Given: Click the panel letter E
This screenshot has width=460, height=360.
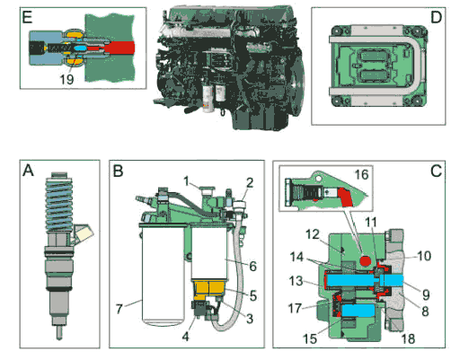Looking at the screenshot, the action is coord(27,17).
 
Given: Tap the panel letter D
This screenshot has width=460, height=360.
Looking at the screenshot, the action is coord(436,17).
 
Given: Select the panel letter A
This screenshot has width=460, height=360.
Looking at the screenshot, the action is coord(28,171).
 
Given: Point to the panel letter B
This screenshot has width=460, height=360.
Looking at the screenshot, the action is coord(118,171).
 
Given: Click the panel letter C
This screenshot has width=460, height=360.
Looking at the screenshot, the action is coord(436,171).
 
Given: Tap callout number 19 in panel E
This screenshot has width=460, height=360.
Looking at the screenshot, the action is coord(66,79).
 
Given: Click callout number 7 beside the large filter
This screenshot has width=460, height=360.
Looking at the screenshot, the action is coord(119,309).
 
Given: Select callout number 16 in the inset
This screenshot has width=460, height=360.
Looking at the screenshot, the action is coord(361,174).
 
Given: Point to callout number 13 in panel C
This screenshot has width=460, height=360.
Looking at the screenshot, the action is coord(296,281).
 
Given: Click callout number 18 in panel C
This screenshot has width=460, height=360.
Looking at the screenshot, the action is coord(408,339).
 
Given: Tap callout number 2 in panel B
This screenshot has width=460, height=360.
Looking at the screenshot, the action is coord(250,182).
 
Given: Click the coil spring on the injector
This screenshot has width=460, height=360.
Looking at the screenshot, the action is coord(58,205).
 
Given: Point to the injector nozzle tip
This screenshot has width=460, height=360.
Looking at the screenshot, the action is coord(59,333).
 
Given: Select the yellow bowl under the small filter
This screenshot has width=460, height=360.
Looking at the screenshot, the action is coord(209,289).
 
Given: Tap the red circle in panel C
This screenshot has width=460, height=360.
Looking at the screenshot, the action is coord(366,260).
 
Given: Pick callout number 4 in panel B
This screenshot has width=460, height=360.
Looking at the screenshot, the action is coord(186,337).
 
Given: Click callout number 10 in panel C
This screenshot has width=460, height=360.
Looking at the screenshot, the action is coord(424,256).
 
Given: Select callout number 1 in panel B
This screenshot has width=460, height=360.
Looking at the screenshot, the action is coord(186,181).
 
